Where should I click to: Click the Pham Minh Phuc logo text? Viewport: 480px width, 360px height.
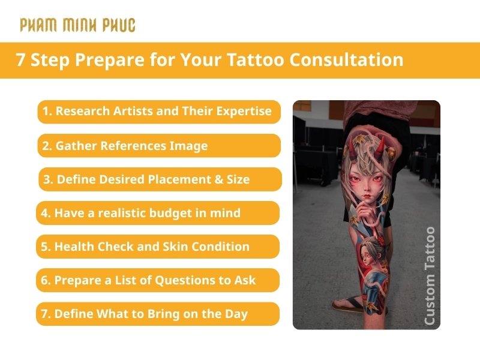[77, 25]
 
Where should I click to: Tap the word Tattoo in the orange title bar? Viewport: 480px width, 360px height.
[255, 60]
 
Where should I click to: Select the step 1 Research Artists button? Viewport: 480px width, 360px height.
[159, 112]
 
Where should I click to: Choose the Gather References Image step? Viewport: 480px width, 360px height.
[159, 146]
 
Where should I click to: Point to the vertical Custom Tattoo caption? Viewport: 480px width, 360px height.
[429, 275]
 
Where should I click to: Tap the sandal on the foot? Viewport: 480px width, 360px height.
[354, 305]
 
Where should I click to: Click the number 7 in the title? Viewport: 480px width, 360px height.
[20, 60]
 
